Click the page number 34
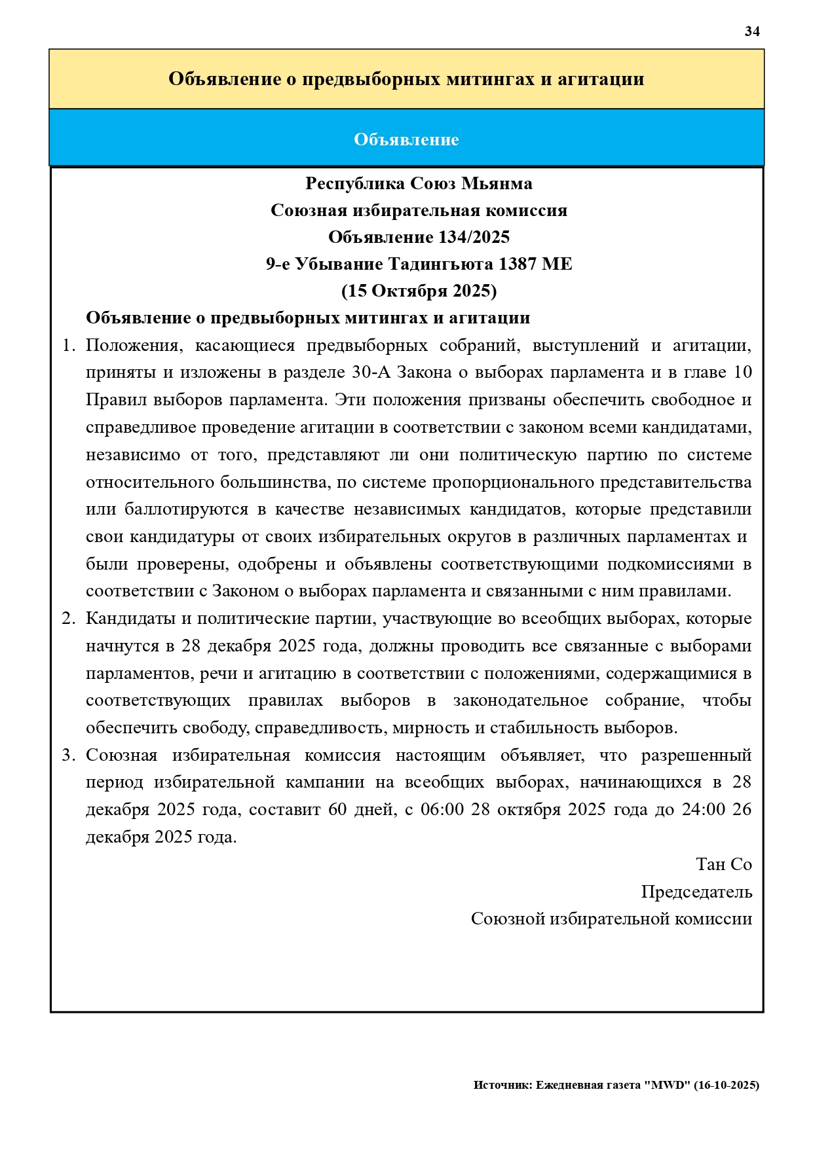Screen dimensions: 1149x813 751,31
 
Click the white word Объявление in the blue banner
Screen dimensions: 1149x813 406,139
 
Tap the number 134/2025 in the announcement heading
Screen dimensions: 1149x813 474,237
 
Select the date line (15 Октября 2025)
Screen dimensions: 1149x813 419,291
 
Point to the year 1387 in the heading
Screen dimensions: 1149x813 517,264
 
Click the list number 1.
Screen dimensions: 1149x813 68,346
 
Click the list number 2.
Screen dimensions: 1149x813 68,619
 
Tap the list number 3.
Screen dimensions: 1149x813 68,756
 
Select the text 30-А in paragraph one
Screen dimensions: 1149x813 371,373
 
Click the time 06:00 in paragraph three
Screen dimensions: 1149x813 442,810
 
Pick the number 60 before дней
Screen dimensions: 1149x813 337,810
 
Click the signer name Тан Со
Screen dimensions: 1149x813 723,864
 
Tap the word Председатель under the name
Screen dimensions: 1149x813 696,892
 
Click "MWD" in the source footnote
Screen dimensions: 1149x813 667,1085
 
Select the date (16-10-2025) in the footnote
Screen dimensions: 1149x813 726,1085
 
